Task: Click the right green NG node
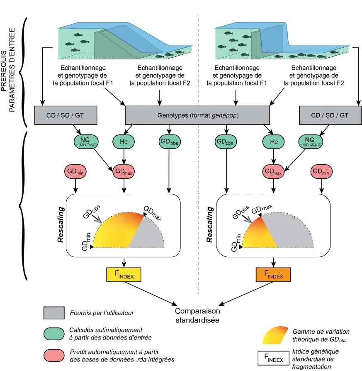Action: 311,142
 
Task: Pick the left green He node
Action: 124,142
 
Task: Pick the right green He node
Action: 273,142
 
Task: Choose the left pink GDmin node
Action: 75,171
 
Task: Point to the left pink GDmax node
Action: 124,171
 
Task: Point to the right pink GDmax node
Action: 273,171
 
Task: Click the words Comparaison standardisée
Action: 197,315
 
